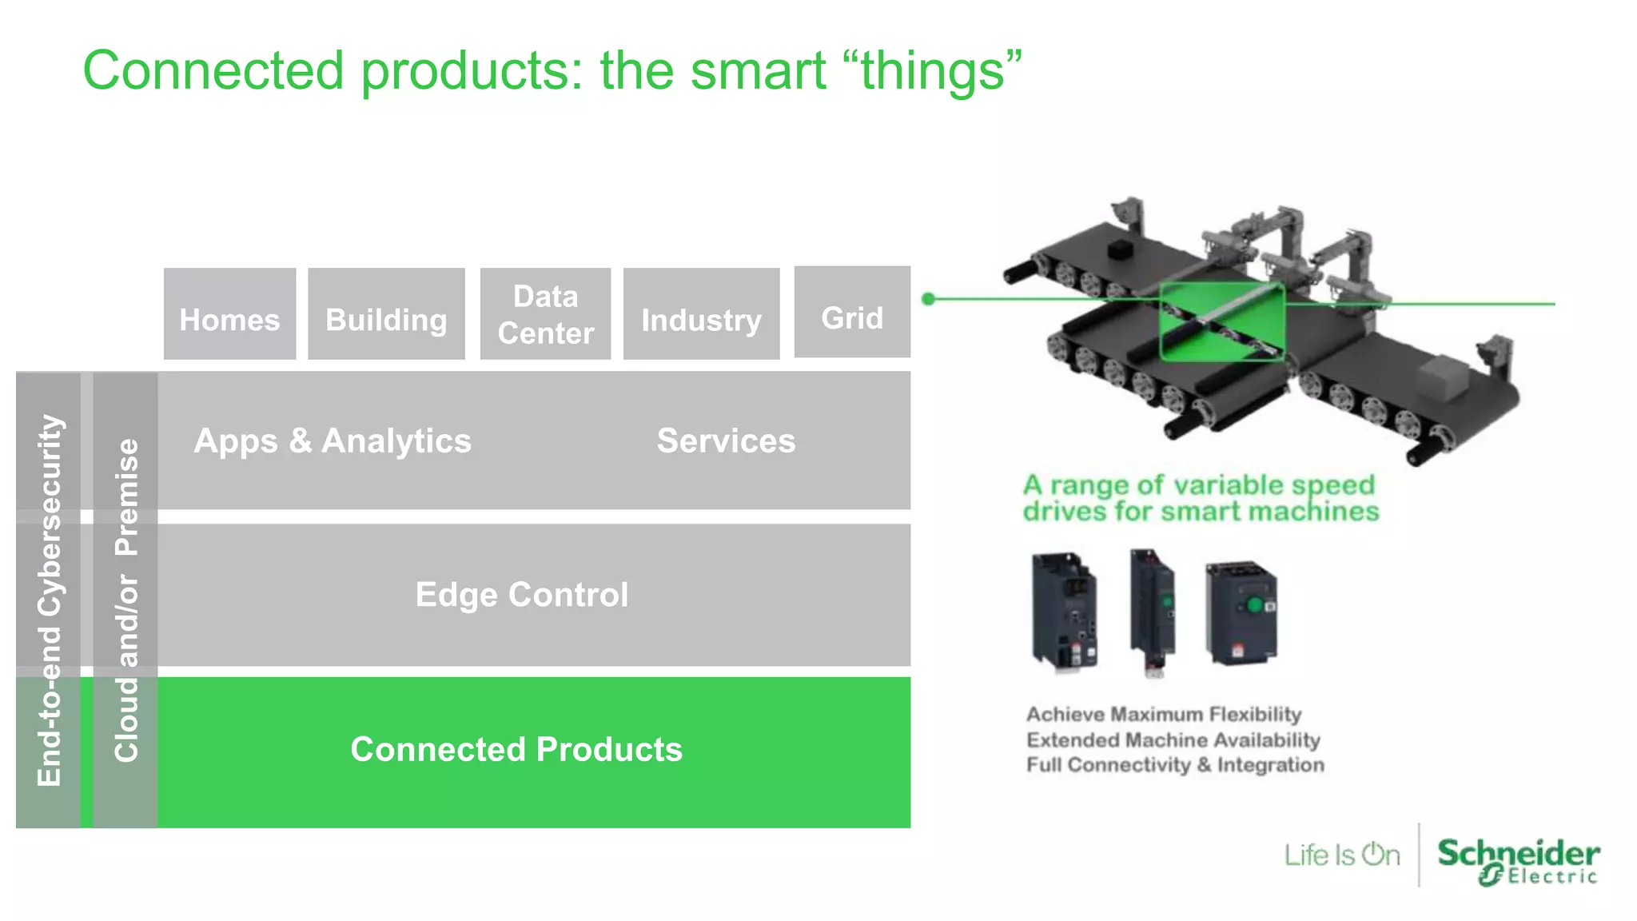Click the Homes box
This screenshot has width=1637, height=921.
pos(229,314)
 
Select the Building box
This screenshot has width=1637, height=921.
pos(386,314)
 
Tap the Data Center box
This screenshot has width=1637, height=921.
pos(545,314)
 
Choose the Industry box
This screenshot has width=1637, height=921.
pos(701,314)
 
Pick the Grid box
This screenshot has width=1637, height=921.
pos(852,313)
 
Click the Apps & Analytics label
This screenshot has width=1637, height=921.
pos(333,441)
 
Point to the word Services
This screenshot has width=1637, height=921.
pos(726,441)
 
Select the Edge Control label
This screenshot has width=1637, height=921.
pos(522,595)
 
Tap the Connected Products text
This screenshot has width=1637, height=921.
pos(516,749)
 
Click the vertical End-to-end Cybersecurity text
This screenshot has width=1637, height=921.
pos(49,600)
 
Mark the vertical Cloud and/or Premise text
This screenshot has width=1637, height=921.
pos(126,600)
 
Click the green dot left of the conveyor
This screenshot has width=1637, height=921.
pos(928,299)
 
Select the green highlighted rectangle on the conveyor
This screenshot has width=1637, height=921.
pos(1221,321)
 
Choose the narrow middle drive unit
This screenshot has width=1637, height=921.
pos(1152,609)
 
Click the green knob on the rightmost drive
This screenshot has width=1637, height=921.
pos(1253,605)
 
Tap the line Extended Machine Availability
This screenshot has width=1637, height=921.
pos(1173,740)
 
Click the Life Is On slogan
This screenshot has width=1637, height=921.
pos(1342,855)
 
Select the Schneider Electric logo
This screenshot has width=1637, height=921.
pos(1517,861)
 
